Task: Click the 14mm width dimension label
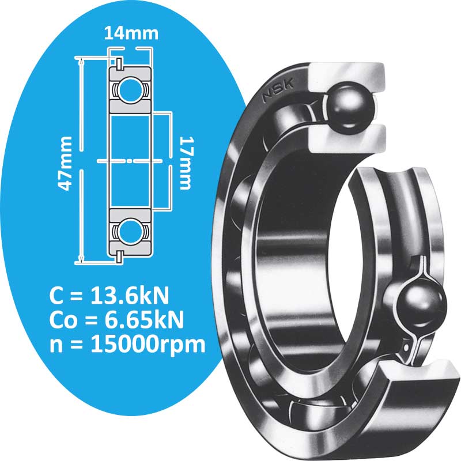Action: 131,33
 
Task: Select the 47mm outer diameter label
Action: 67,163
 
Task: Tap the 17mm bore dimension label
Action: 186,163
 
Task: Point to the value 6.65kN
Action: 142,320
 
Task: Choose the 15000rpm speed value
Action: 149,344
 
